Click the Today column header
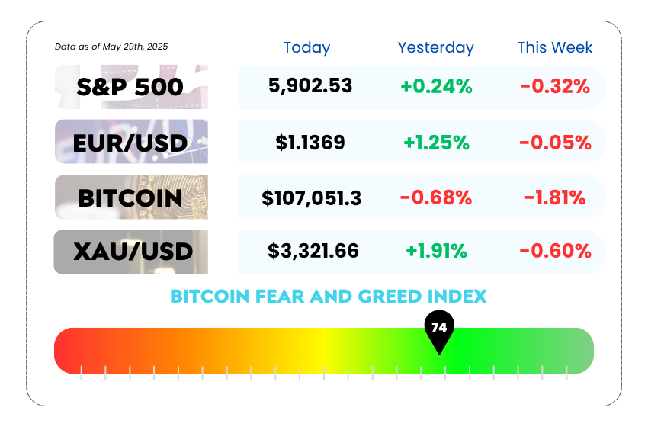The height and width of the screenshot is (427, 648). tap(306, 47)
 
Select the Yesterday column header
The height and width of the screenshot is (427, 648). tap(435, 47)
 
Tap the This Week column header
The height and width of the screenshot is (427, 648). tap(555, 47)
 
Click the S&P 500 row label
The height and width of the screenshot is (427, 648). tap(130, 87)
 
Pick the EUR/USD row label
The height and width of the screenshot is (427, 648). tap(130, 143)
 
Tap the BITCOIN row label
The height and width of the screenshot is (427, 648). tap(130, 198)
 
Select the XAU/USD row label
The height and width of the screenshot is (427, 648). tap(133, 252)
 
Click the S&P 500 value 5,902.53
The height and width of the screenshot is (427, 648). tap(310, 85)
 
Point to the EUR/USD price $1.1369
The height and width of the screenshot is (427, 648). tap(310, 143)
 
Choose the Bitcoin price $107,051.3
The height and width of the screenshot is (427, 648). tap(312, 198)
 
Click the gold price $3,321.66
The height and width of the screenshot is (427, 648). tap(313, 251)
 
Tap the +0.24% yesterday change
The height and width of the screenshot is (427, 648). tap(436, 86)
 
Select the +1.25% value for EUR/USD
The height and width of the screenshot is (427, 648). tap(436, 143)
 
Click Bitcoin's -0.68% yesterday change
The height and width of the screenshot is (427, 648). tap(436, 197)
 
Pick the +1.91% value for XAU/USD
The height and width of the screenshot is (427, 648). tap(436, 251)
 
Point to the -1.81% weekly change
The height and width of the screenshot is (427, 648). tap(555, 197)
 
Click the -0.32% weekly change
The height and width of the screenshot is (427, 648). tap(555, 86)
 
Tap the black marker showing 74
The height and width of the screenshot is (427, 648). tap(439, 329)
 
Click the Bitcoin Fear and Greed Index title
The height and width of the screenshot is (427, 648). tap(329, 297)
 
